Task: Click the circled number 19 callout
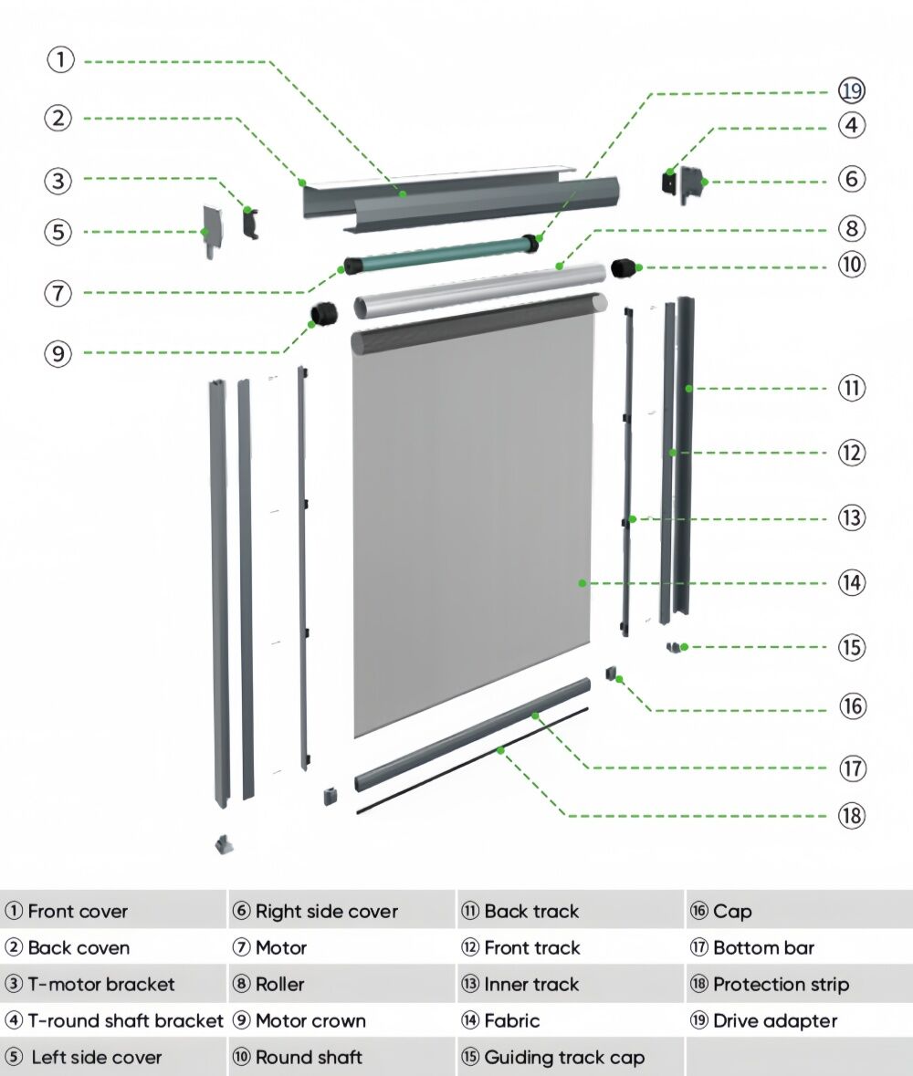tap(852, 90)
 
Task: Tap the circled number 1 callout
tap(60, 60)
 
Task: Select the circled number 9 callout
tap(58, 353)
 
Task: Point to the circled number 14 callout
tap(852, 582)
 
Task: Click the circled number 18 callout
tap(852, 815)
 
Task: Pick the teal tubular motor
tap(438, 255)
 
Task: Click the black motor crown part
tap(323, 315)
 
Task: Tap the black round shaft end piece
tap(623, 267)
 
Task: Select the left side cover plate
tap(213, 229)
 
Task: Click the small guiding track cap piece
tap(675, 647)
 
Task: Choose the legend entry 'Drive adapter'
tap(774, 1020)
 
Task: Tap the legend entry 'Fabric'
tap(511, 1020)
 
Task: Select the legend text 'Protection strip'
tap(781, 984)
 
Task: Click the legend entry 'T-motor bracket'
tap(101, 984)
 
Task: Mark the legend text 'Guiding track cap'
tap(564, 1057)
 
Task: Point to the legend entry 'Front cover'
tap(78, 911)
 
